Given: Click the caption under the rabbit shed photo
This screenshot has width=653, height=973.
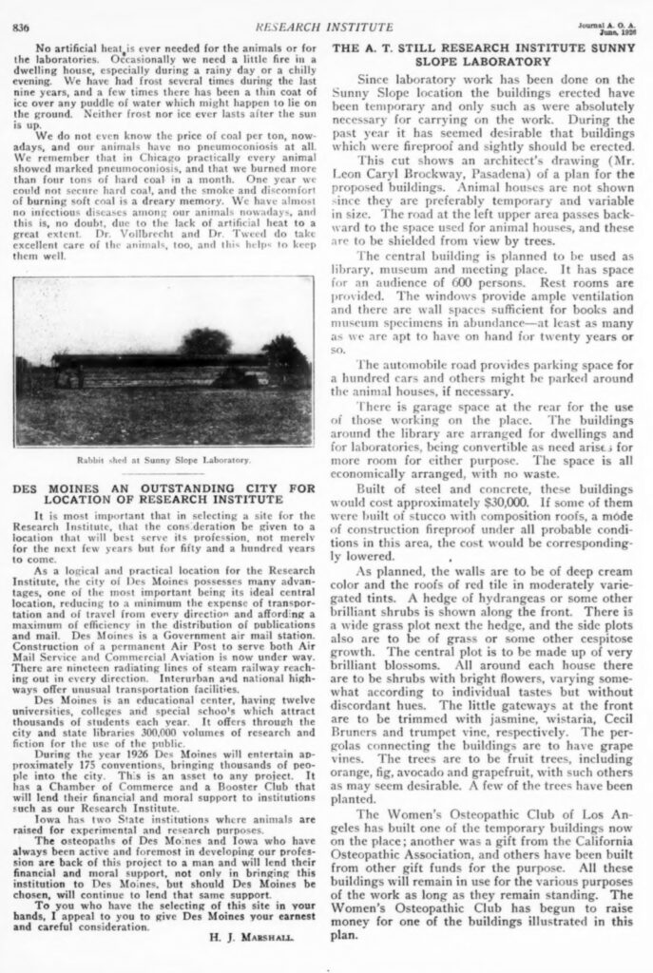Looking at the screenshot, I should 163,459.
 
